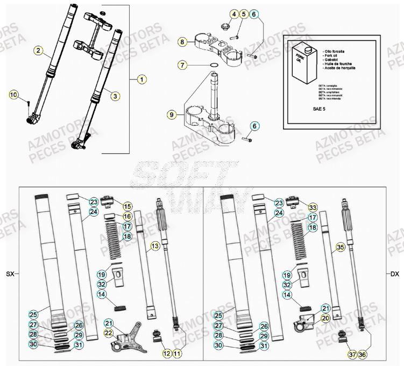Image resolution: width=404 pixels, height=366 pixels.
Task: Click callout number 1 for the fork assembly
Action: point(141,80)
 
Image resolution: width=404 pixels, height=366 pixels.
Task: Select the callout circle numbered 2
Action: point(39,51)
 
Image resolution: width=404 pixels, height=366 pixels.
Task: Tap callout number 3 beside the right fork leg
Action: point(115,96)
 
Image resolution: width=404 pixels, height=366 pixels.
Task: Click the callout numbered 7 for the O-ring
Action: point(183,65)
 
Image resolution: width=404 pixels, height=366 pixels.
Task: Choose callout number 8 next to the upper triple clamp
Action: point(183,41)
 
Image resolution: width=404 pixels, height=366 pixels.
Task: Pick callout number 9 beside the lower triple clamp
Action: point(172,114)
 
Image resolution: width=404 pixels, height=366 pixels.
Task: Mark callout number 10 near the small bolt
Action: point(14,95)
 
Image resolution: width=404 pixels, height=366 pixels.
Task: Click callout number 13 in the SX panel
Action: point(155,246)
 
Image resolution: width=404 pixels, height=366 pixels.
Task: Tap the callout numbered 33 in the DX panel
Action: point(313,206)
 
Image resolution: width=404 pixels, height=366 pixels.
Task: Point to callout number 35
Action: point(339,247)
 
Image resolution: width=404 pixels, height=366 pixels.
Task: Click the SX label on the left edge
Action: point(10,274)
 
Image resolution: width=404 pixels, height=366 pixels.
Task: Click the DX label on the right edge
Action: point(394,274)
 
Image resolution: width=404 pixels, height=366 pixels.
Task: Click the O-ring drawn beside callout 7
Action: point(214,65)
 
